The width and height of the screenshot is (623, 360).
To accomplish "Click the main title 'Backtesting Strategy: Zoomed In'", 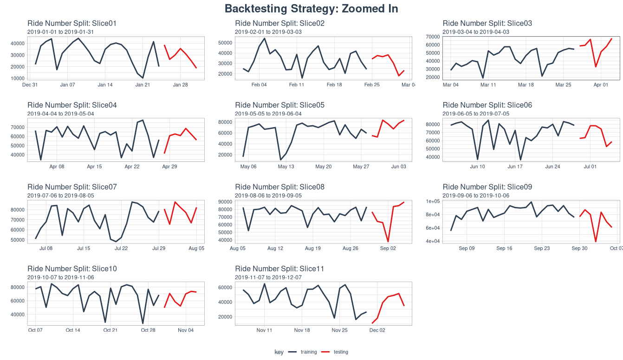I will pos(311,9).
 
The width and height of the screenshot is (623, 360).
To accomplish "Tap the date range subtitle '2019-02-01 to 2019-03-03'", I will pos(268,32).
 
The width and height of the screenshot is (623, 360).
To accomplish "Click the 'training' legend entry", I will pos(309,352).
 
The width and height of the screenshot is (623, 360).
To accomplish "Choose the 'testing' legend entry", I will pos(341,352).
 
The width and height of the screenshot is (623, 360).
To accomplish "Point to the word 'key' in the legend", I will pos(279,352).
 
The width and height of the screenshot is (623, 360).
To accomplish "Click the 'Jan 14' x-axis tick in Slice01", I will pos(105,85).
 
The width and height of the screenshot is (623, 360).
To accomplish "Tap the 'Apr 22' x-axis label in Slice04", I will pos(132,167).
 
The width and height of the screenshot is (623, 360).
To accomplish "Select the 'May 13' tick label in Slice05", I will pos(286,167).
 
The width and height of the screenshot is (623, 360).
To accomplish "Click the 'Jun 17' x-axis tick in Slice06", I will pos(515,167).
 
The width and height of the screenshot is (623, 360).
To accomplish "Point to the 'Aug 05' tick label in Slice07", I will pos(196,249).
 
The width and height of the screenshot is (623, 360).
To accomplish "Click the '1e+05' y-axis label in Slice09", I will pos(433,201).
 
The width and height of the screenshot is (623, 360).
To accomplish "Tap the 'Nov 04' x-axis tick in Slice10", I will pos(185,330).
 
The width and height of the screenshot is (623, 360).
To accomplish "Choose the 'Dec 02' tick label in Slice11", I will pos(377,330).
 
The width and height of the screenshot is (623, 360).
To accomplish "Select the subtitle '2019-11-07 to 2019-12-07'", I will pos(268,277).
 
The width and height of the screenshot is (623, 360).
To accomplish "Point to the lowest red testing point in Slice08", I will pos(388,242).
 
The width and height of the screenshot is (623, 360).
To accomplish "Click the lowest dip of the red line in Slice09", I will pos(596,242).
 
